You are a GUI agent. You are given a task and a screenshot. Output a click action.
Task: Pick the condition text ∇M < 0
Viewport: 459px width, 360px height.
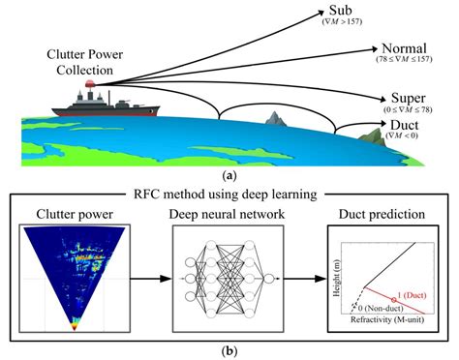[x=391, y=139]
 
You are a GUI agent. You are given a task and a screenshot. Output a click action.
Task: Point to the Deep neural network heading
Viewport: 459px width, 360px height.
[x=229, y=213]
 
